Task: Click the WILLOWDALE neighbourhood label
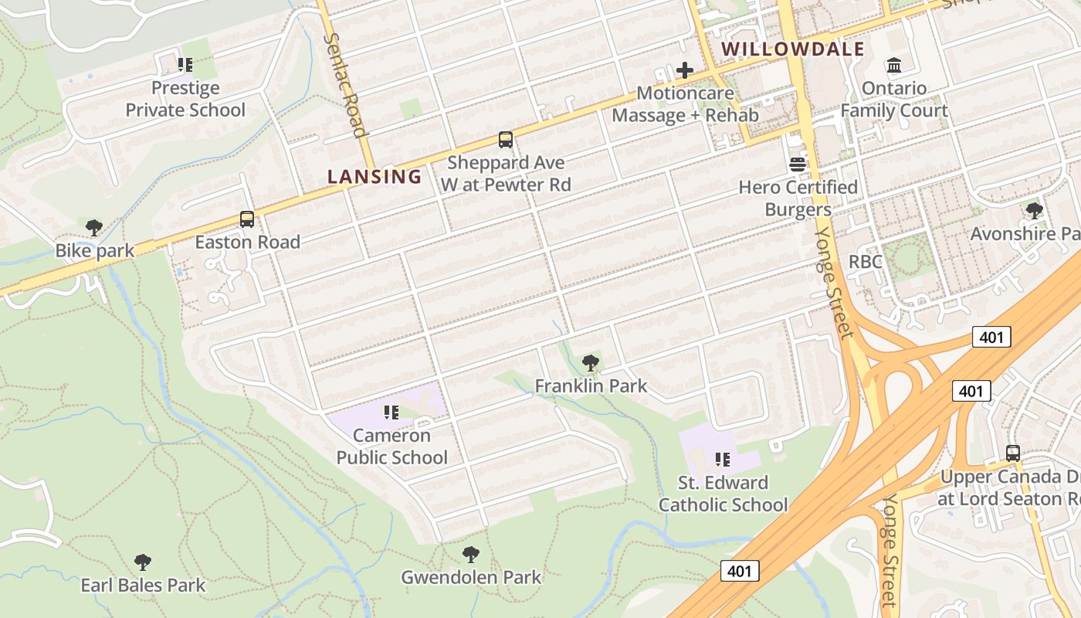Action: [792, 49]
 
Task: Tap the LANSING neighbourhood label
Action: [374, 176]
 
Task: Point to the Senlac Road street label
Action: [345, 85]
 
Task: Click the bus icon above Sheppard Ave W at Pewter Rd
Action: [505, 140]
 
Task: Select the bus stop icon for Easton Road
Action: [247, 219]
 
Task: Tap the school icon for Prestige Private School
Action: [185, 65]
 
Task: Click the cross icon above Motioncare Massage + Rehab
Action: [684, 71]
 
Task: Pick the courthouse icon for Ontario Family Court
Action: [894, 65]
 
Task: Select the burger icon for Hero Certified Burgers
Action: [798, 165]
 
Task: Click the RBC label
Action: [865, 261]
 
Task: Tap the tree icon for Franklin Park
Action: [591, 362]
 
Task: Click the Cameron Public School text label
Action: [391, 447]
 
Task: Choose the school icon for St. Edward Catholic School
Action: [723, 460]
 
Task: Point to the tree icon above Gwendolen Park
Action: [470, 554]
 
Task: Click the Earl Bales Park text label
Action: [143, 585]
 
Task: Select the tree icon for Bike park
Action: [94, 228]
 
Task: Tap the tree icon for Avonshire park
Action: [1035, 210]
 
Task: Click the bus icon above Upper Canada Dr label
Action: [1012, 453]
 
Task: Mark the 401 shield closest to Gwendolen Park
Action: [740, 571]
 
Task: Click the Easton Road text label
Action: [247, 242]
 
